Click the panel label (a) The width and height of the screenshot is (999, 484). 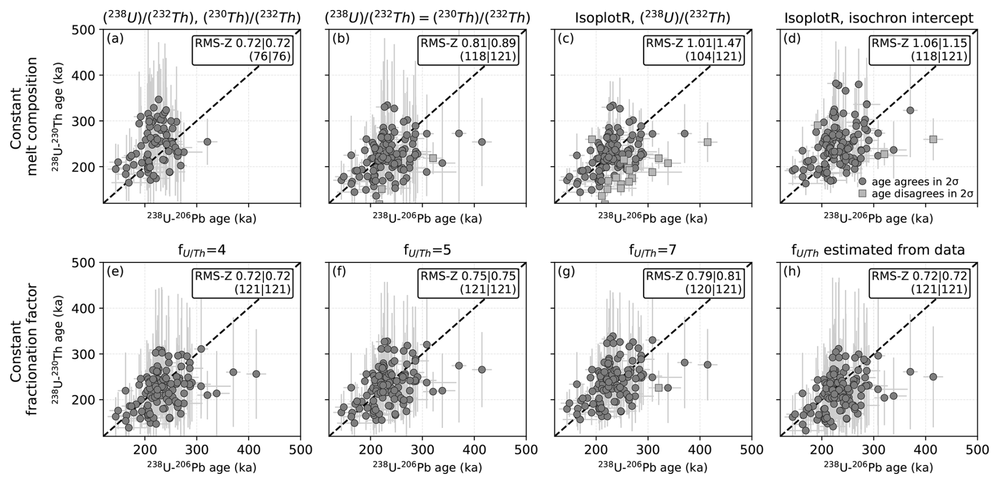tap(115, 39)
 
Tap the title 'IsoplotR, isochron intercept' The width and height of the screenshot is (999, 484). tap(879, 18)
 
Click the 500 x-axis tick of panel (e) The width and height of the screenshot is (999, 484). tap(300, 450)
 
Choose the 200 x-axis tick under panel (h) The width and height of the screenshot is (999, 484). tap(822, 450)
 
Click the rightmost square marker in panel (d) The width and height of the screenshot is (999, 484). tap(933, 139)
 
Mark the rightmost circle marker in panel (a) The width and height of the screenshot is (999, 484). tap(208, 141)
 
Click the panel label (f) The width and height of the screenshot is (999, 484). tap(340, 271)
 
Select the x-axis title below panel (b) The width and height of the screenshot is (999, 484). tap(427, 218)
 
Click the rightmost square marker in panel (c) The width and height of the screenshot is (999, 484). tap(708, 142)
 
